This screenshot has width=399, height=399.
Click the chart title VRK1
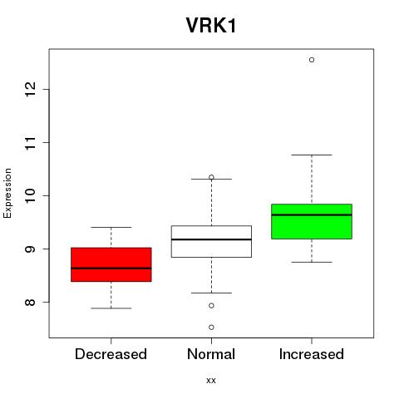211,25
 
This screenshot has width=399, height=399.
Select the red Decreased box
111,264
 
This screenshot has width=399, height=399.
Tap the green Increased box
312,221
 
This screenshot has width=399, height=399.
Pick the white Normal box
211,241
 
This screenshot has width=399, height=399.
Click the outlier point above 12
312,60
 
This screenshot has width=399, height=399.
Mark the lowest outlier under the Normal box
211,328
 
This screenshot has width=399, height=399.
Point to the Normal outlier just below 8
211,306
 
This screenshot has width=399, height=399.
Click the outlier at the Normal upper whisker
211,177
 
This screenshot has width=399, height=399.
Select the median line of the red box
111,268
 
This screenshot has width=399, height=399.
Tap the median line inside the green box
312,214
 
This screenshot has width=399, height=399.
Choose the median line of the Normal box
211,239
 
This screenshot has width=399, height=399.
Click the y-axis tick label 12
31,89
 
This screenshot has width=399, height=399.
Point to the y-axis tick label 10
31,195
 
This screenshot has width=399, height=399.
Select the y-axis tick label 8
31,302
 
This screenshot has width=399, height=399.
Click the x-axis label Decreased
111,354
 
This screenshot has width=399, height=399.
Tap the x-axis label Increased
312,354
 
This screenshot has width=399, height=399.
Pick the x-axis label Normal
211,354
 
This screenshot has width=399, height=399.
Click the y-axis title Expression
7,193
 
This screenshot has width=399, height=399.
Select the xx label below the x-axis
211,381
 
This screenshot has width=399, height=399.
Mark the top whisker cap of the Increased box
312,155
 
